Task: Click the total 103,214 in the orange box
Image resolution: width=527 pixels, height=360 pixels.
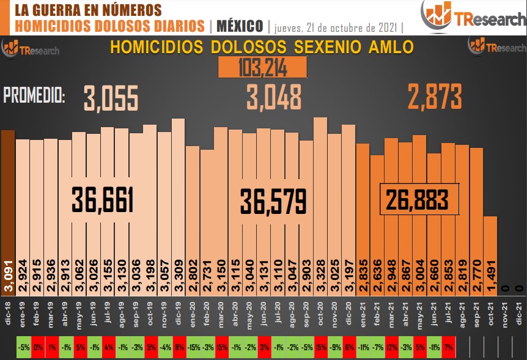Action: [x=262, y=68]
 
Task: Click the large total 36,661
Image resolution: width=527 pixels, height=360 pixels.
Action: [x=103, y=200]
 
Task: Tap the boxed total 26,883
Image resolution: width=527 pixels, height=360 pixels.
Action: [x=419, y=199]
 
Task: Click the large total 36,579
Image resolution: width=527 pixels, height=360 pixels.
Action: [x=273, y=201]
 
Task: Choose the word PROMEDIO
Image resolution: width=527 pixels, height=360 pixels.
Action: [x=34, y=95]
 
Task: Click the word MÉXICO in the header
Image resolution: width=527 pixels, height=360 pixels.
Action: [x=240, y=26]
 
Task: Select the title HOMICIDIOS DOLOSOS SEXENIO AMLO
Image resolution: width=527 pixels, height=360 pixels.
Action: [x=262, y=48]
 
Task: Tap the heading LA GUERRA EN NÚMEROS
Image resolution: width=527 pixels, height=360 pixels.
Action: [x=88, y=10]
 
